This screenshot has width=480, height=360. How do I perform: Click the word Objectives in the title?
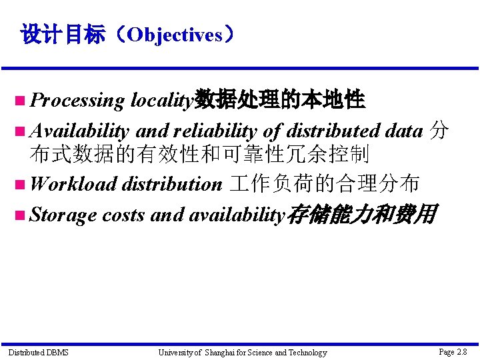pos(175,35)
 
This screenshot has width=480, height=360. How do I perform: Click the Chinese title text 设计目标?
pos(63,35)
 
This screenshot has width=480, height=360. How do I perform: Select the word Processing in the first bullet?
pos(77,101)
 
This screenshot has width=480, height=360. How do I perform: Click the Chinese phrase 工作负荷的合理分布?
pos(324,183)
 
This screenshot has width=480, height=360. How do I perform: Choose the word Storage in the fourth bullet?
pos(64,215)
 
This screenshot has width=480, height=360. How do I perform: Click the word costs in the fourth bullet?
pos(125,215)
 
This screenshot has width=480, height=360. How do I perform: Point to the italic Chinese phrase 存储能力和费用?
pos(361,214)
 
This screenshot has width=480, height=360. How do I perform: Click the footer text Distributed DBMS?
pos(38,352)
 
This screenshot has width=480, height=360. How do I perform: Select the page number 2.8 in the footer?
pos(461,351)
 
